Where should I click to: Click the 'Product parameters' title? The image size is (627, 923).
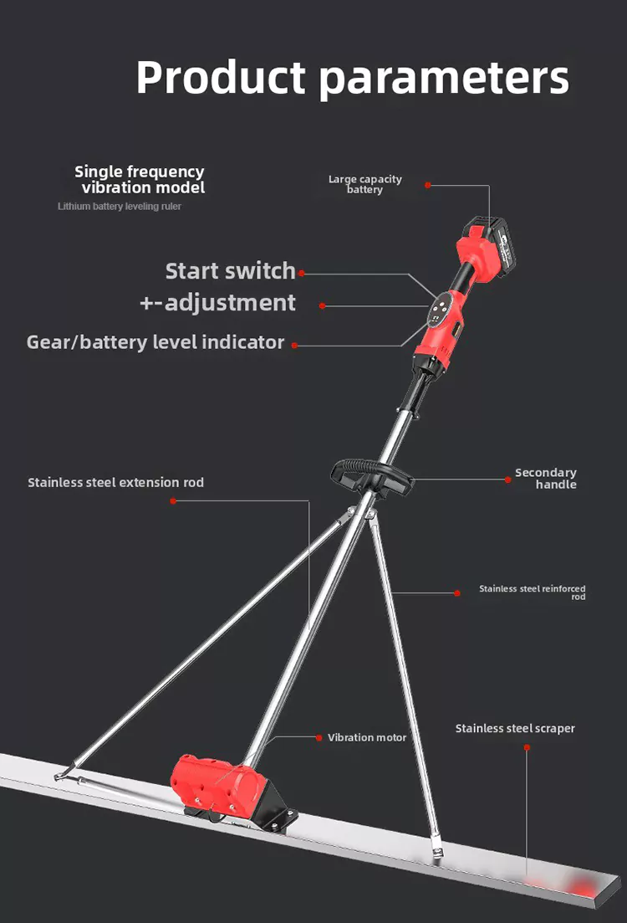tap(352, 77)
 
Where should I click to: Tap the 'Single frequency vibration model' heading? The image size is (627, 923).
tap(140, 179)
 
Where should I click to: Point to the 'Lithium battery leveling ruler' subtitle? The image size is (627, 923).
tap(120, 206)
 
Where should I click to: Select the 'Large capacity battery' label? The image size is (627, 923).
tap(364, 184)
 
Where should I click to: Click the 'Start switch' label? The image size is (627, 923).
tap(230, 271)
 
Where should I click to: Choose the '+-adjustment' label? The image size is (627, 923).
tap(217, 302)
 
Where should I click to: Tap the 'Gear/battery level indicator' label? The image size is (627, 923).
tap(155, 342)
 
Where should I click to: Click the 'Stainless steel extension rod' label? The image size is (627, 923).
tap(115, 482)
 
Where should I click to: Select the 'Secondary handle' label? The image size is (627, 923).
tap(545, 479)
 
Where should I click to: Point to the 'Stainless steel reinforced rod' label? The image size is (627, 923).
tap(533, 592)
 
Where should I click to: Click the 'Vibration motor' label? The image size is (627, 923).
tap(367, 737)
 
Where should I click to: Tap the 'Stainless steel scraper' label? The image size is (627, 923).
tap(515, 728)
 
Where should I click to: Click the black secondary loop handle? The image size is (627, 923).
tap(372, 475)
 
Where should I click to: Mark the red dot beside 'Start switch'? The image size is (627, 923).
tap(302, 273)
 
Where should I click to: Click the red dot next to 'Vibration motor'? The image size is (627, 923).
tap(319, 737)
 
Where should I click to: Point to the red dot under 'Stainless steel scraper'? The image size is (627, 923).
tap(527, 747)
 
